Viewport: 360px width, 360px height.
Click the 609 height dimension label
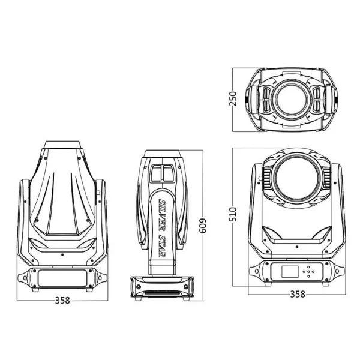[203, 226]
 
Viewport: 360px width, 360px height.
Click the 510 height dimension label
[233, 214]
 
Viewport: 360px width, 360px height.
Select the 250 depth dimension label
[233, 99]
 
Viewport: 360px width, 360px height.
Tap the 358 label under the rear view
[62, 300]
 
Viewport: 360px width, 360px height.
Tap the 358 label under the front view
[298, 294]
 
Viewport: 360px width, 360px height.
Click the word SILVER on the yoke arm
[163, 212]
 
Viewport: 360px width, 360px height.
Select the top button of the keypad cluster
[308, 267]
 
